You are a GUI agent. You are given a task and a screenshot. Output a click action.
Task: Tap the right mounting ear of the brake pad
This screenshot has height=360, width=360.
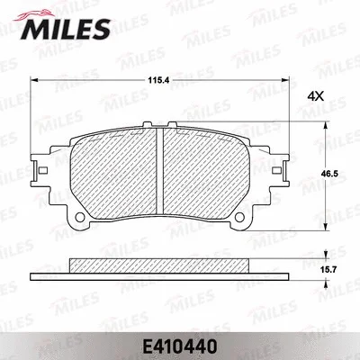(x=278, y=168)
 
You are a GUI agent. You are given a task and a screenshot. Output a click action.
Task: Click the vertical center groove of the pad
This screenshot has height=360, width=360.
(x=158, y=171)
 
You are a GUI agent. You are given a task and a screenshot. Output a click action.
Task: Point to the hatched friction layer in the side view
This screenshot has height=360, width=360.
(x=158, y=266)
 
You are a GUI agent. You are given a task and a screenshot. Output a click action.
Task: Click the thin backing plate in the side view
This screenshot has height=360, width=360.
(x=158, y=274)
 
